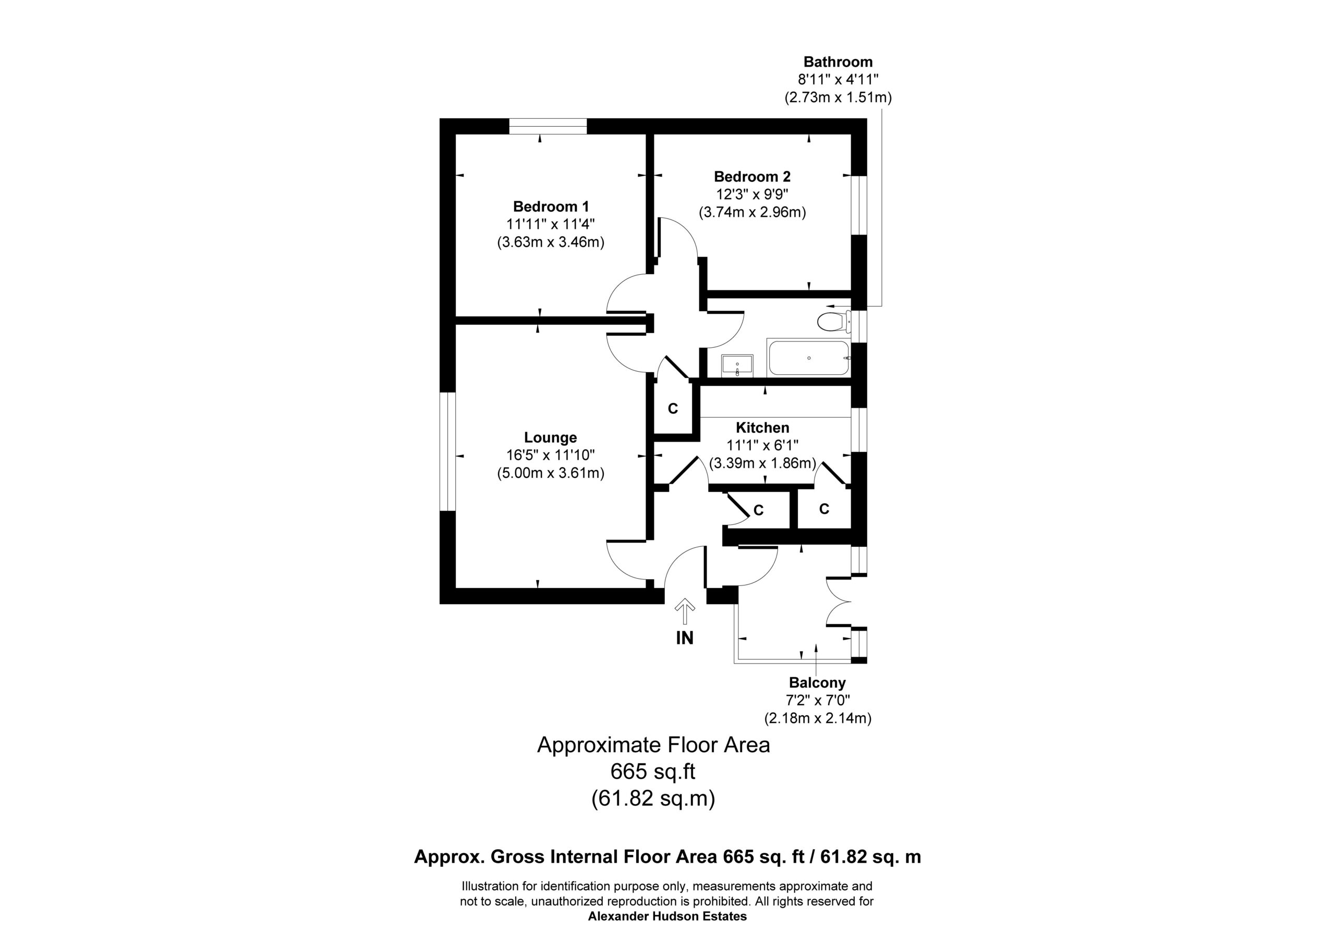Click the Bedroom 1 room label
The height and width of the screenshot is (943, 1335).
click(x=551, y=206)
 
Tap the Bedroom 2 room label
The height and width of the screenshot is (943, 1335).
click(x=752, y=176)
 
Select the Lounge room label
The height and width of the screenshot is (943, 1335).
click(x=551, y=437)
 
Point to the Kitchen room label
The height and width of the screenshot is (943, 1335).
click(x=762, y=427)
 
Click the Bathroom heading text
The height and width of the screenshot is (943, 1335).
click(x=838, y=62)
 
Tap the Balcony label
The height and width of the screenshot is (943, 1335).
click(x=817, y=682)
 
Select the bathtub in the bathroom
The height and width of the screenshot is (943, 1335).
click(x=809, y=358)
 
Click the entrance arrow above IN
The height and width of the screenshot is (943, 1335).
click(x=684, y=611)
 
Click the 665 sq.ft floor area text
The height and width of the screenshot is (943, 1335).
click(x=652, y=771)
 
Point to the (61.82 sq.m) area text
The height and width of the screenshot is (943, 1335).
click(x=653, y=798)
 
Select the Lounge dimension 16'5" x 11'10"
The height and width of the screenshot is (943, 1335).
click(x=551, y=455)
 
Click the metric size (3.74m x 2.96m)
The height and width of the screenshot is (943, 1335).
click(x=752, y=212)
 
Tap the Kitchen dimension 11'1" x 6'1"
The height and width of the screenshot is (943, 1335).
click(x=762, y=445)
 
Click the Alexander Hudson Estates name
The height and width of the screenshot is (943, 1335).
click(x=667, y=916)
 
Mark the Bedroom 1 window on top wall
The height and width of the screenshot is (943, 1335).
click(x=548, y=126)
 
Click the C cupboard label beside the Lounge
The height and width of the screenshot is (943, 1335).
click(x=673, y=409)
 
